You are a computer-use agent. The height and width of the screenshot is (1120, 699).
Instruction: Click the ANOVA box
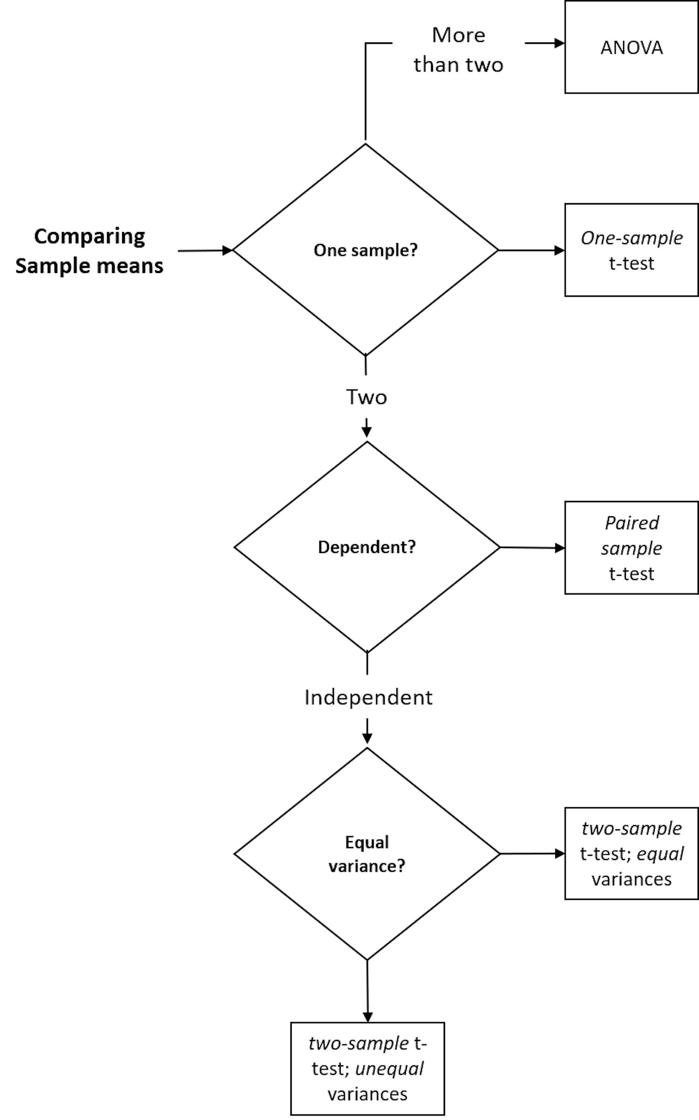tap(631, 47)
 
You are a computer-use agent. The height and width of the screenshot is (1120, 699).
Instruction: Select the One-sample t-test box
tap(631, 250)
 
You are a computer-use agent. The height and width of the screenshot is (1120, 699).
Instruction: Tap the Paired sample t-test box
tap(631, 547)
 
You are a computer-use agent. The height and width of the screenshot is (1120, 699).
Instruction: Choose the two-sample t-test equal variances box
tap(631, 854)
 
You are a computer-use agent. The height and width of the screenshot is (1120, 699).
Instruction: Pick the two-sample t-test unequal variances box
tap(368, 1069)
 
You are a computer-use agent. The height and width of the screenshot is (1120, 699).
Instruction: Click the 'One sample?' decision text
tap(366, 250)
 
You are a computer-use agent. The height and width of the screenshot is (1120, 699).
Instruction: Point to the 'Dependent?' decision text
tap(367, 547)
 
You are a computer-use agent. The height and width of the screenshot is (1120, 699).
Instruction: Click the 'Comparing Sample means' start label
tap(89, 251)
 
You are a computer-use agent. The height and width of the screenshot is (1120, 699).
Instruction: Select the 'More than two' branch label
tap(459, 50)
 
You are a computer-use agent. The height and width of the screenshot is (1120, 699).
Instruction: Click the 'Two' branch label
tap(367, 397)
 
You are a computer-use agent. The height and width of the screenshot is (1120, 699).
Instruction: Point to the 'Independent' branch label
tap(368, 697)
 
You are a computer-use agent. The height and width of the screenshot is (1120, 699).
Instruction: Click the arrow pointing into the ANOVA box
tap(545, 43)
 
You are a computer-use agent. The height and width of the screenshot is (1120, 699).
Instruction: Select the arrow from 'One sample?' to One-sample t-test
tap(531, 250)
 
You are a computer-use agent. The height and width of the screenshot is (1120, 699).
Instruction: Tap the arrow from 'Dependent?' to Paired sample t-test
tap(532, 548)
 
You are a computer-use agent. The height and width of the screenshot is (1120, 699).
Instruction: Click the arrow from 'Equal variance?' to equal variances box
tap(532, 854)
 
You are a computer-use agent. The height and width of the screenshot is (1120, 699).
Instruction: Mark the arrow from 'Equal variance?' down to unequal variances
tap(367, 991)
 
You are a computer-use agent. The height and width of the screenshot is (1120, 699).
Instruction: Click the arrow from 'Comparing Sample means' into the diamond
tap(205, 251)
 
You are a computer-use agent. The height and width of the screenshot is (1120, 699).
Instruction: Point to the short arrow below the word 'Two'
tap(367, 428)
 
